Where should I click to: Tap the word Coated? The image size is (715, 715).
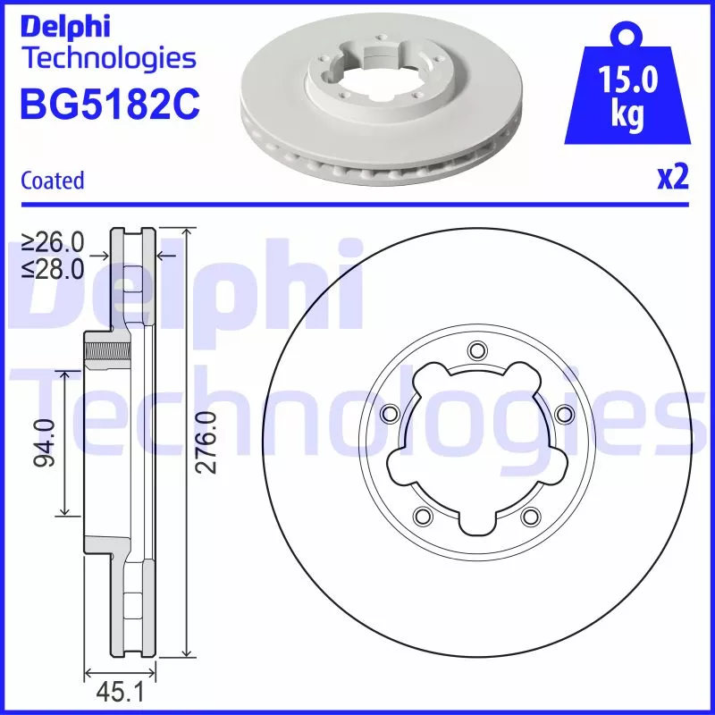(x=52, y=181)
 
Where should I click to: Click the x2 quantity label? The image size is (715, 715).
(x=672, y=179)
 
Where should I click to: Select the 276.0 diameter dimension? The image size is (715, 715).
(x=206, y=442)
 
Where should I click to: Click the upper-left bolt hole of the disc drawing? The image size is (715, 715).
(x=389, y=413)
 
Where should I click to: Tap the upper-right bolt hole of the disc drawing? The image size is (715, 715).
(x=563, y=413)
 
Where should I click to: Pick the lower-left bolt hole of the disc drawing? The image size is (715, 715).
(x=422, y=515)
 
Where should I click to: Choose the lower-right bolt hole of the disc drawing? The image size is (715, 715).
(x=529, y=515)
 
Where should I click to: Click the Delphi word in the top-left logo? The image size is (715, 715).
(x=64, y=26)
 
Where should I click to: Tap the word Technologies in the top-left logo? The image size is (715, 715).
(x=107, y=58)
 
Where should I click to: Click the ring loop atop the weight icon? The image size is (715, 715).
(x=626, y=37)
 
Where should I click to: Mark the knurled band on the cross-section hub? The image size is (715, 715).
(x=94, y=349)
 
